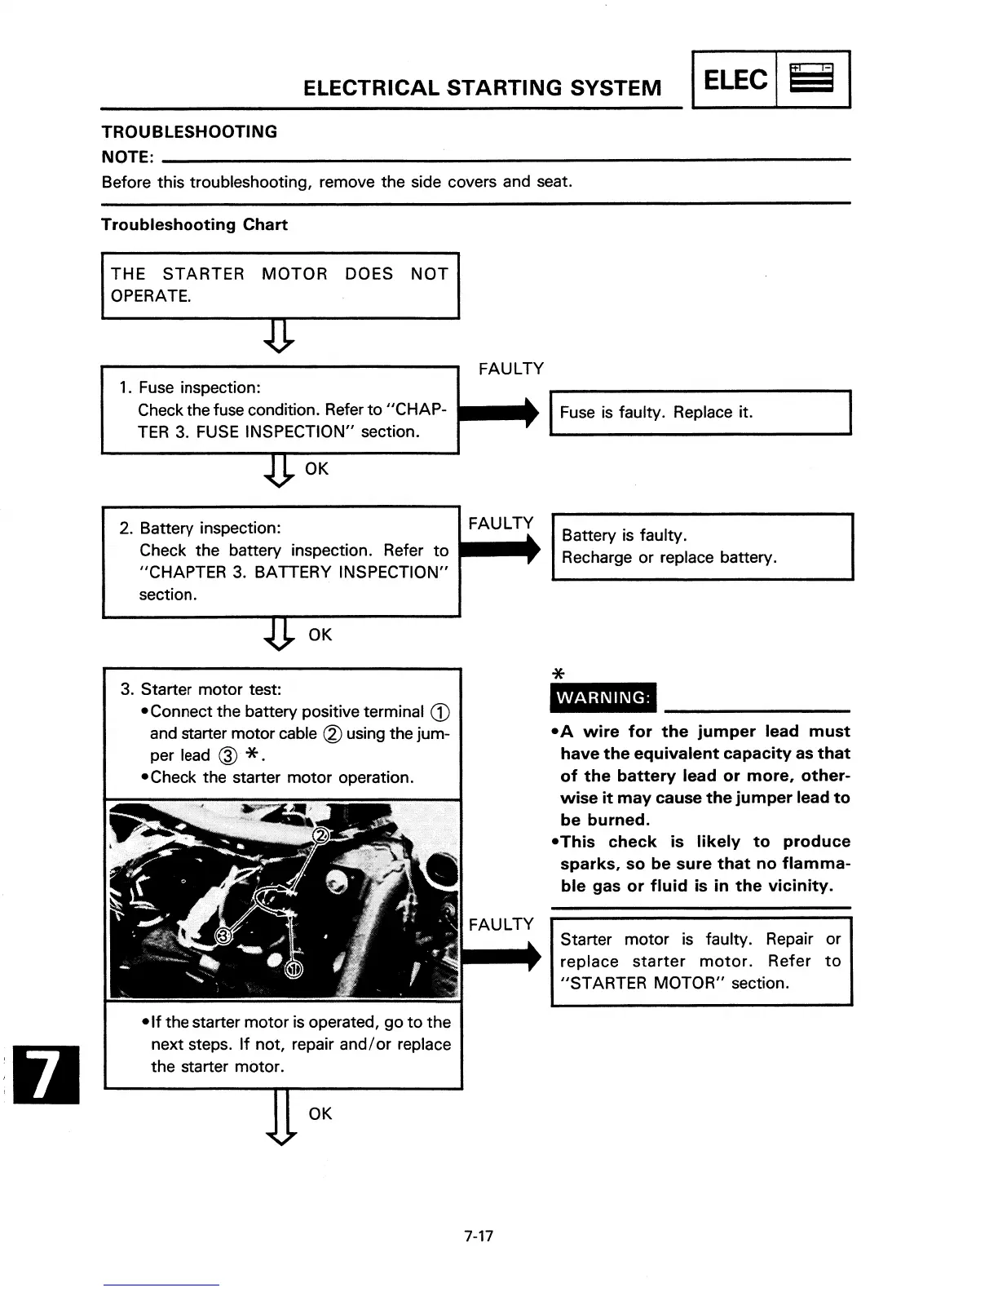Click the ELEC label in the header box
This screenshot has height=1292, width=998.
[735, 80]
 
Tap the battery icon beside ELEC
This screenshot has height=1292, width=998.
[814, 80]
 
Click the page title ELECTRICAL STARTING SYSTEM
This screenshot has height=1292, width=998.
[482, 87]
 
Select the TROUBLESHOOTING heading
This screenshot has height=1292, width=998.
[189, 132]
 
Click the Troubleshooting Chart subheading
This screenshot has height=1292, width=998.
[194, 224]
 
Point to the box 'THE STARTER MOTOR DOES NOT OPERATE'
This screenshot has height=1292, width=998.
[280, 285]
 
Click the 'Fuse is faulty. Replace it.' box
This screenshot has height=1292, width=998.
[700, 413]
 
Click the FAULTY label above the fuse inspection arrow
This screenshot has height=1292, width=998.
[511, 369]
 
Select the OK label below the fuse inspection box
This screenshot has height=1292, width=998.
[316, 469]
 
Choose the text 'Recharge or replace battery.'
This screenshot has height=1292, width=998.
[669, 558]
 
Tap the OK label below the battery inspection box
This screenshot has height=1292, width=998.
[320, 635]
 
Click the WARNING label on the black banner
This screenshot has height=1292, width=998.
[603, 698]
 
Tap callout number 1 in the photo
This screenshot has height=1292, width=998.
[294, 968]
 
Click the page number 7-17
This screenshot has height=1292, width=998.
[479, 1237]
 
